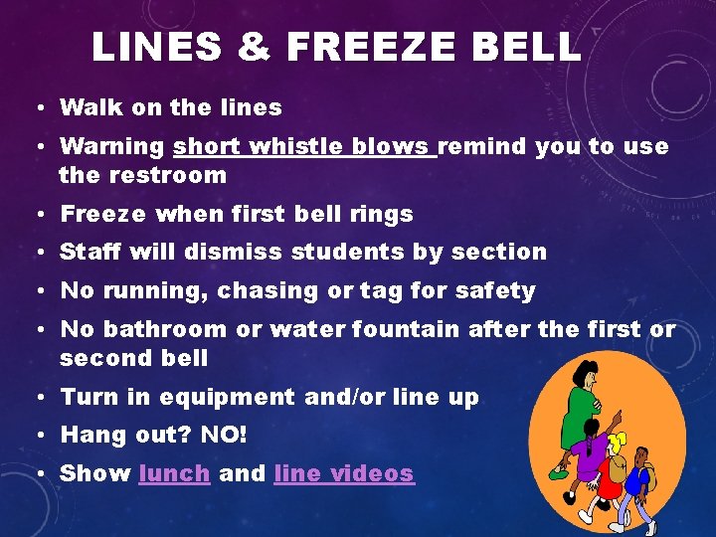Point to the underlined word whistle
(296, 147)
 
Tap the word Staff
(87, 252)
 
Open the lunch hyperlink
(175, 473)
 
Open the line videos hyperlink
(343, 473)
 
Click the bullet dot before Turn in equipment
(47, 398)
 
